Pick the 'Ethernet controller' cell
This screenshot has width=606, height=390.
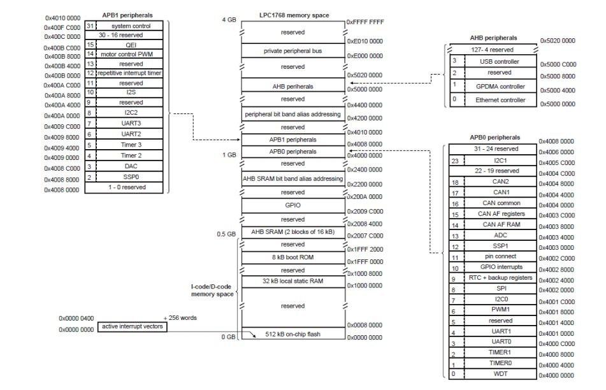500,100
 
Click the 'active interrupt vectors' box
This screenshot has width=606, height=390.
133,326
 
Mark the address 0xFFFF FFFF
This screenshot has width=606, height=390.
365,22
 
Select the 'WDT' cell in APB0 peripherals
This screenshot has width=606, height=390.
500,374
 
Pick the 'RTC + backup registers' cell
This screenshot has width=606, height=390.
500,278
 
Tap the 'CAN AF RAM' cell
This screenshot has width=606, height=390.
500,225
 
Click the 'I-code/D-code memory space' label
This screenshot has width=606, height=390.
211,291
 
